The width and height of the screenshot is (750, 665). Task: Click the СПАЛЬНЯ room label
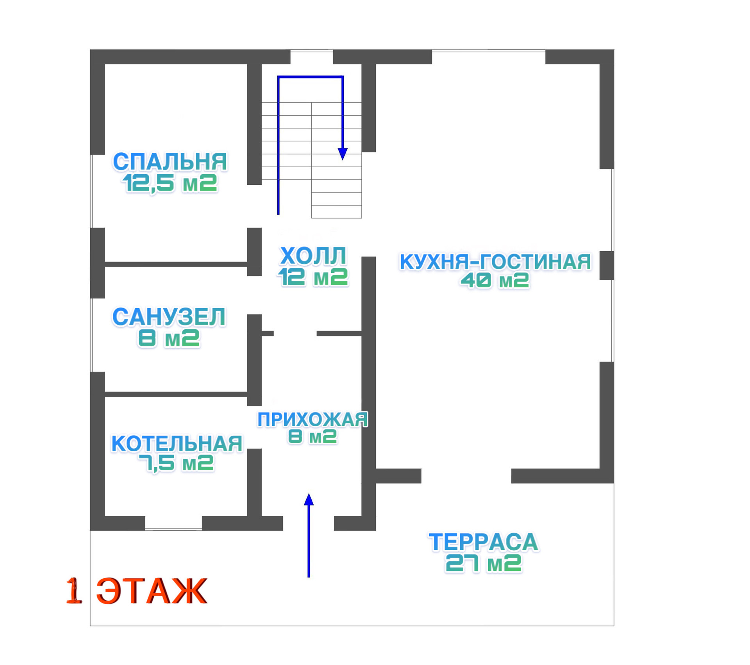(170, 162)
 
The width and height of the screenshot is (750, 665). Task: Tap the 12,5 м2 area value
(170, 183)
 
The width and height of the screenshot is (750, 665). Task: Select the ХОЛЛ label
(313, 256)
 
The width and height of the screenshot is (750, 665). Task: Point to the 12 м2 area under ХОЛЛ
(313, 277)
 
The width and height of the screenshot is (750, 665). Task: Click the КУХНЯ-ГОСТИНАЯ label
(495, 262)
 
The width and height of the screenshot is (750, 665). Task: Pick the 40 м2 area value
(495, 280)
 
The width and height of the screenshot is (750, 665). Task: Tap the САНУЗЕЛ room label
(169, 317)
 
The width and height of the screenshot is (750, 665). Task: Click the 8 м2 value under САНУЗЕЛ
(169, 338)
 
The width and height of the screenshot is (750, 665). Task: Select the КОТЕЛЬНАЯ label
(177, 443)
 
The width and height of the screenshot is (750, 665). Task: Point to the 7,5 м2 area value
(177, 463)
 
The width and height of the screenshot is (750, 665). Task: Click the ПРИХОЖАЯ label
(312, 419)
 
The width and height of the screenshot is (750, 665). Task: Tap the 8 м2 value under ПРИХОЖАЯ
(312, 436)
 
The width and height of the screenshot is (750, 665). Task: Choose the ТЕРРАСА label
(484, 542)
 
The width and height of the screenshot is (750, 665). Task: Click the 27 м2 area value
(484, 563)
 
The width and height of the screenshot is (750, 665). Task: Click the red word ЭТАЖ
(152, 591)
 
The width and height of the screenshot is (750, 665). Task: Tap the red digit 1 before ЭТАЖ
(74, 591)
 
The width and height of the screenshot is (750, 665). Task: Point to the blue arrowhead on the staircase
(343, 154)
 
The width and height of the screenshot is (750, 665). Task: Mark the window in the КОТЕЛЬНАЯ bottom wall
(173, 529)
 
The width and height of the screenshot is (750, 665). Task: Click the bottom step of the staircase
(336, 212)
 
